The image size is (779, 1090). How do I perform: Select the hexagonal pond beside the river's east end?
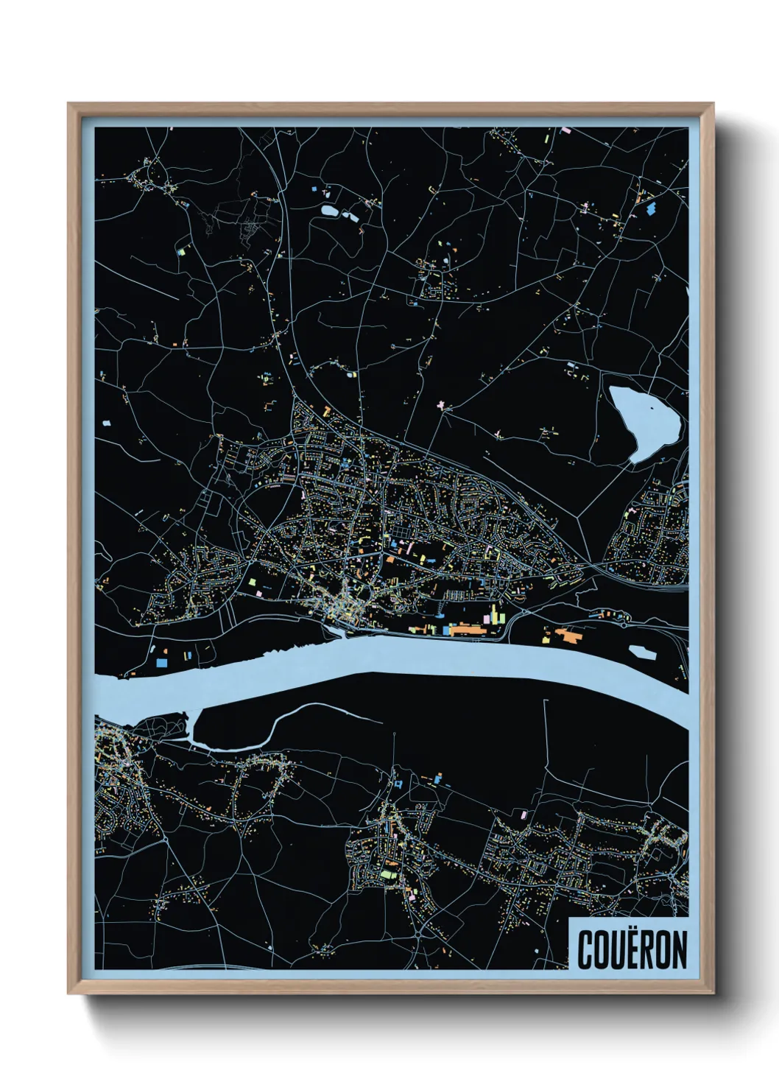click(x=642, y=652)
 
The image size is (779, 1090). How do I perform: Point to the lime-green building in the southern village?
click(x=386, y=875)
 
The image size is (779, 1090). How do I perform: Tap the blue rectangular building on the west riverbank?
click(x=160, y=663)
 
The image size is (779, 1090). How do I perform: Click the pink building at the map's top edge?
click(x=565, y=130)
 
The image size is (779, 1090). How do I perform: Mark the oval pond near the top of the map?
click(x=329, y=211)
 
